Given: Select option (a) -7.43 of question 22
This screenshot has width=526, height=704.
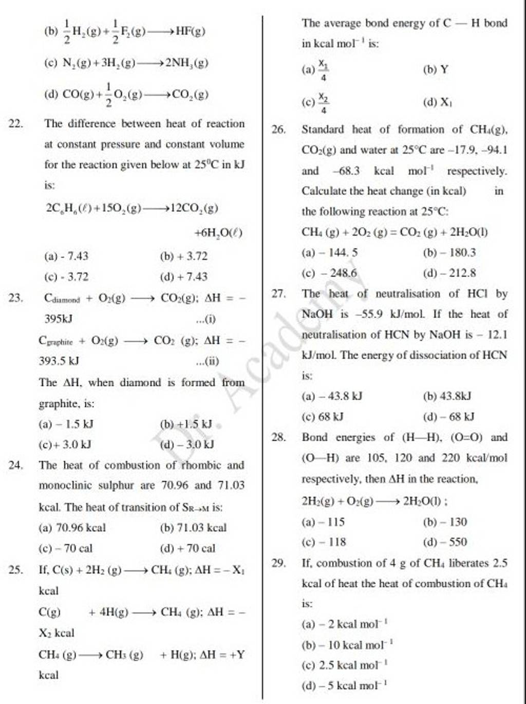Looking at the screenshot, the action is click(x=67, y=256).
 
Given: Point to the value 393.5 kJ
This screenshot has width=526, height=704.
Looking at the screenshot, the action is click(x=59, y=361).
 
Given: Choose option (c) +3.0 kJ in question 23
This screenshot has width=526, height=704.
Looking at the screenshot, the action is click(x=66, y=444).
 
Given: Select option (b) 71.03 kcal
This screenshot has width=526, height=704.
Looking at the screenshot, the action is click(x=193, y=528).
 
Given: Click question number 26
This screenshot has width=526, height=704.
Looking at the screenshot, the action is click(x=278, y=129).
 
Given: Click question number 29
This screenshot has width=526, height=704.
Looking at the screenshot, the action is click(x=278, y=563).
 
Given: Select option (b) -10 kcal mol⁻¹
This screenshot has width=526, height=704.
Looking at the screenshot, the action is click(x=348, y=645).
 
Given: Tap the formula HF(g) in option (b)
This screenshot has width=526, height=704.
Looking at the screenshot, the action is click(x=191, y=31).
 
